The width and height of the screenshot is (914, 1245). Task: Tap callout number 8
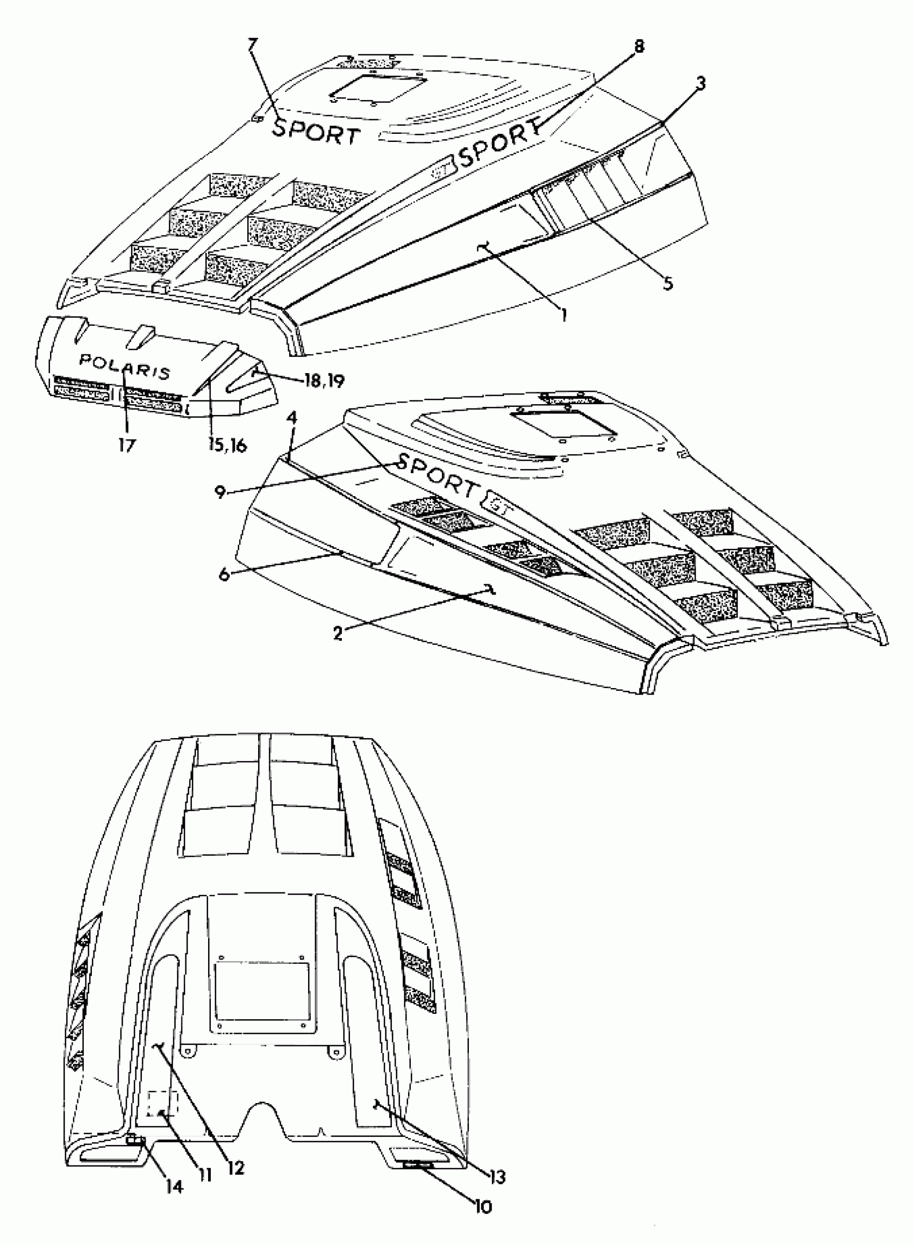[x=639, y=46]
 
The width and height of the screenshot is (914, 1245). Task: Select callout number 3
[x=701, y=83]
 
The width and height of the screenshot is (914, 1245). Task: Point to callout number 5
[x=669, y=284]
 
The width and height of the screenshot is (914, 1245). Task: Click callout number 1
[x=564, y=315]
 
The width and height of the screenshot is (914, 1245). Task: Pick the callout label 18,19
[x=324, y=380]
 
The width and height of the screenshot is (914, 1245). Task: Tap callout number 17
[x=127, y=445]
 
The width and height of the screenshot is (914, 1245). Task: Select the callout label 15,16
[x=228, y=445]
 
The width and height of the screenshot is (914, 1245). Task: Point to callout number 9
[x=221, y=492]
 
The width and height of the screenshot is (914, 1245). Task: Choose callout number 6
[x=225, y=574]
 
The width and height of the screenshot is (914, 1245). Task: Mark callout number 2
[x=338, y=634]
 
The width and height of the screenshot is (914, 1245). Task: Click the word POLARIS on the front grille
[x=125, y=366]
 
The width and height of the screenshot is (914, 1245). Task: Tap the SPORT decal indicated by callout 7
[x=317, y=131]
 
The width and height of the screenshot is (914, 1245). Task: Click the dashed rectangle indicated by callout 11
[x=164, y=1105]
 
